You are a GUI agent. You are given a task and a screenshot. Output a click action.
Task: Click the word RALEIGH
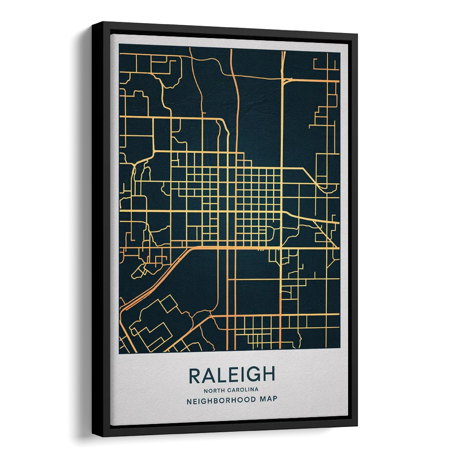[x=231, y=376]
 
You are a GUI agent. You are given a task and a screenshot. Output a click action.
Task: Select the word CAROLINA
[x=243, y=390]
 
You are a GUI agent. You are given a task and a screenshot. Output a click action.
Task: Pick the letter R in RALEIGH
[x=195, y=376]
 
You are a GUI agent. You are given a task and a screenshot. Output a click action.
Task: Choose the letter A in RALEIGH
[x=207, y=376]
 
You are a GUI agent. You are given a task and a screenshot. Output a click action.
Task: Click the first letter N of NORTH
[x=206, y=390]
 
